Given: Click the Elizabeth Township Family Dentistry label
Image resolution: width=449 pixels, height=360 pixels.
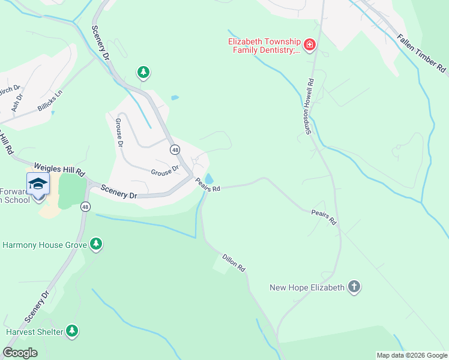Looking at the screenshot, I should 264,46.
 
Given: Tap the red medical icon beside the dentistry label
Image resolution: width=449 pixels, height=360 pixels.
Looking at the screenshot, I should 310,45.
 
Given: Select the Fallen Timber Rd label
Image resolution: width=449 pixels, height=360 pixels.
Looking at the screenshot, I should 421,54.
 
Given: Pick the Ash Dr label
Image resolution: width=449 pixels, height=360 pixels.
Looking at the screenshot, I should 17,103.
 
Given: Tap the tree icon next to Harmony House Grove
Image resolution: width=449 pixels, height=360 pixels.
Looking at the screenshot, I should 95,244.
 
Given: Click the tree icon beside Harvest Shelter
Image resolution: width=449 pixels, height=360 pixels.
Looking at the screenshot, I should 72,331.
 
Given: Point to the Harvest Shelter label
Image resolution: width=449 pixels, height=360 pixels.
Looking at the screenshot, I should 34,332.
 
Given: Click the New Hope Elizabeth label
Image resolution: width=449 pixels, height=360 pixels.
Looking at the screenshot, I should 307,287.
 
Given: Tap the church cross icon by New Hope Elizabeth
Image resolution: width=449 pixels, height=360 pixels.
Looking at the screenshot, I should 354,287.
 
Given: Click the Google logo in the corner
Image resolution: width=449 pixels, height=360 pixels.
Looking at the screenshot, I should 20,352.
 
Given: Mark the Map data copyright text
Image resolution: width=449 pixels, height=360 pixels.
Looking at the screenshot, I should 411,355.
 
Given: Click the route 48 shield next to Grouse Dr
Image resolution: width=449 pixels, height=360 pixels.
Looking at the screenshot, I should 174,149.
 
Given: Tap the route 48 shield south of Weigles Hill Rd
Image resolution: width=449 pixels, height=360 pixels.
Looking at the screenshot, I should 86,206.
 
